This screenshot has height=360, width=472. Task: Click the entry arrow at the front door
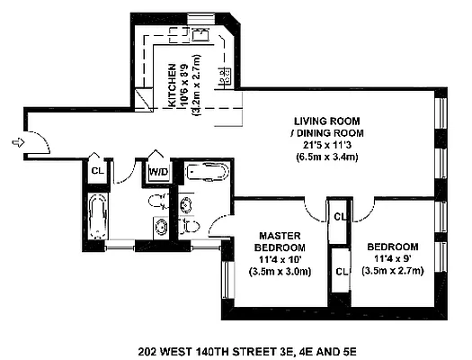pyautogui.click(x=17, y=141)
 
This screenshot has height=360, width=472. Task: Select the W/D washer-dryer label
pyautogui.click(x=157, y=171)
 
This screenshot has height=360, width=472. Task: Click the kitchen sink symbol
pyautogui.click(x=200, y=37)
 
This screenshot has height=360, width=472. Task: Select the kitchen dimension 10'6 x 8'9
pyautogui.click(x=183, y=87)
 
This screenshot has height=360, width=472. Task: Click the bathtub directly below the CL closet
pyautogui.click(x=96, y=216)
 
